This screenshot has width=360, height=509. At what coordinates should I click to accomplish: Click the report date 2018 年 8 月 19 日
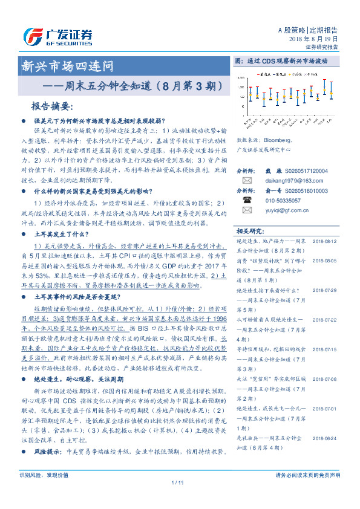click(314, 39)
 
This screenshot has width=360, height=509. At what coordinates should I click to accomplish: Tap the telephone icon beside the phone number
click(246, 199)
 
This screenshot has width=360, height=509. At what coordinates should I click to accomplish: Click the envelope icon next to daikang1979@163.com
click(246, 180)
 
